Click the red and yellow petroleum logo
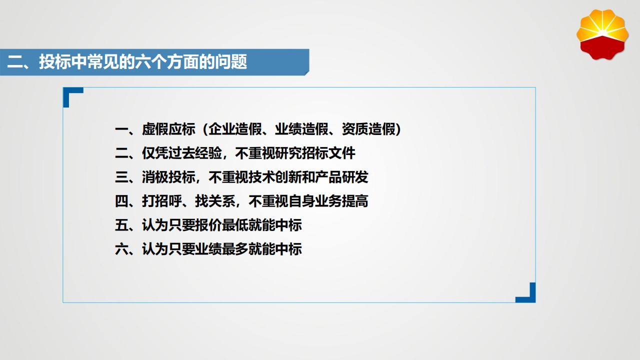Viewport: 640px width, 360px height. click(x=602, y=34)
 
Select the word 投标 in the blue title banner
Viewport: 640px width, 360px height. click(x=55, y=61)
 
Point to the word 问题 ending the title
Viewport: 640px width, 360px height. click(x=231, y=61)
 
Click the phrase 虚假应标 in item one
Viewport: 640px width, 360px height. click(x=168, y=129)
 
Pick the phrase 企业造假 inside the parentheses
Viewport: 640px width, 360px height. click(x=235, y=129)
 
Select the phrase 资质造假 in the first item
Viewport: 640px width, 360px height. click(x=368, y=129)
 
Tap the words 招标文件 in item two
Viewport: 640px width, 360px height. click(x=328, y=153)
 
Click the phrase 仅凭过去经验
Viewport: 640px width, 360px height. click(x=182, y=153)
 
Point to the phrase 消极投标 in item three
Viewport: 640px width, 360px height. click(x=168, y=177)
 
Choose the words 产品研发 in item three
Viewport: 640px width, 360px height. click(x=341, y=177)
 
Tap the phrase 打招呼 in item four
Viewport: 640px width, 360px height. click(x=162, y=201)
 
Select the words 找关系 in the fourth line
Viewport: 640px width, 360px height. click(x=215, y=201)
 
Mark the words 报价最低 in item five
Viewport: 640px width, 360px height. click(x=221, y=225)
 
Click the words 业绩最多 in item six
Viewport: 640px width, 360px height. click(x=221, y=249)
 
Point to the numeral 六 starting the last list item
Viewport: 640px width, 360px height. click(x=121, y=249)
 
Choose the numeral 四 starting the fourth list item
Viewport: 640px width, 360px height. click(x=121, y=201)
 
